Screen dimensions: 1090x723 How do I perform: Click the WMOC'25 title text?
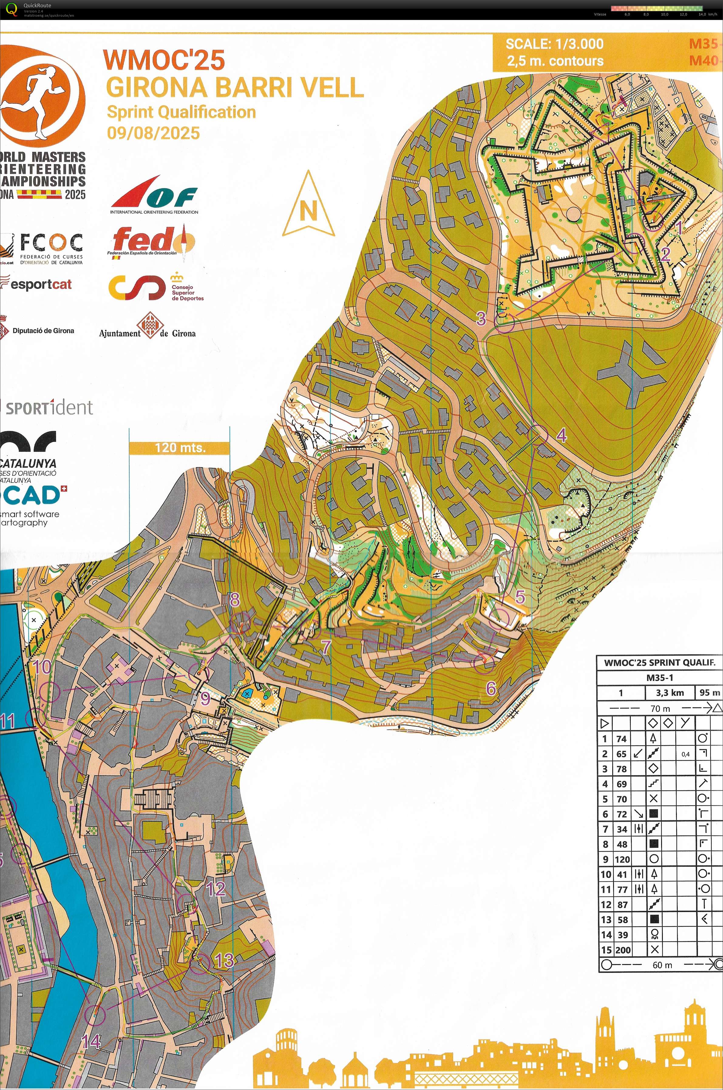(x=164, y=60)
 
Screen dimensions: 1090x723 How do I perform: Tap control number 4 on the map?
(x=561, y=435)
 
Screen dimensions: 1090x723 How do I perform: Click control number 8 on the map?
(x=235, y=599)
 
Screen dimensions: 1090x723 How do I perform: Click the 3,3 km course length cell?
(x=670, y=692)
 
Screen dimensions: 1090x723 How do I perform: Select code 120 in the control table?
(x=622, y=859)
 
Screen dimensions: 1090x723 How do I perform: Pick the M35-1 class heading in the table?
(x=659, y=678)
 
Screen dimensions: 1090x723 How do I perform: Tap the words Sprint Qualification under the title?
(x=181, y=112)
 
